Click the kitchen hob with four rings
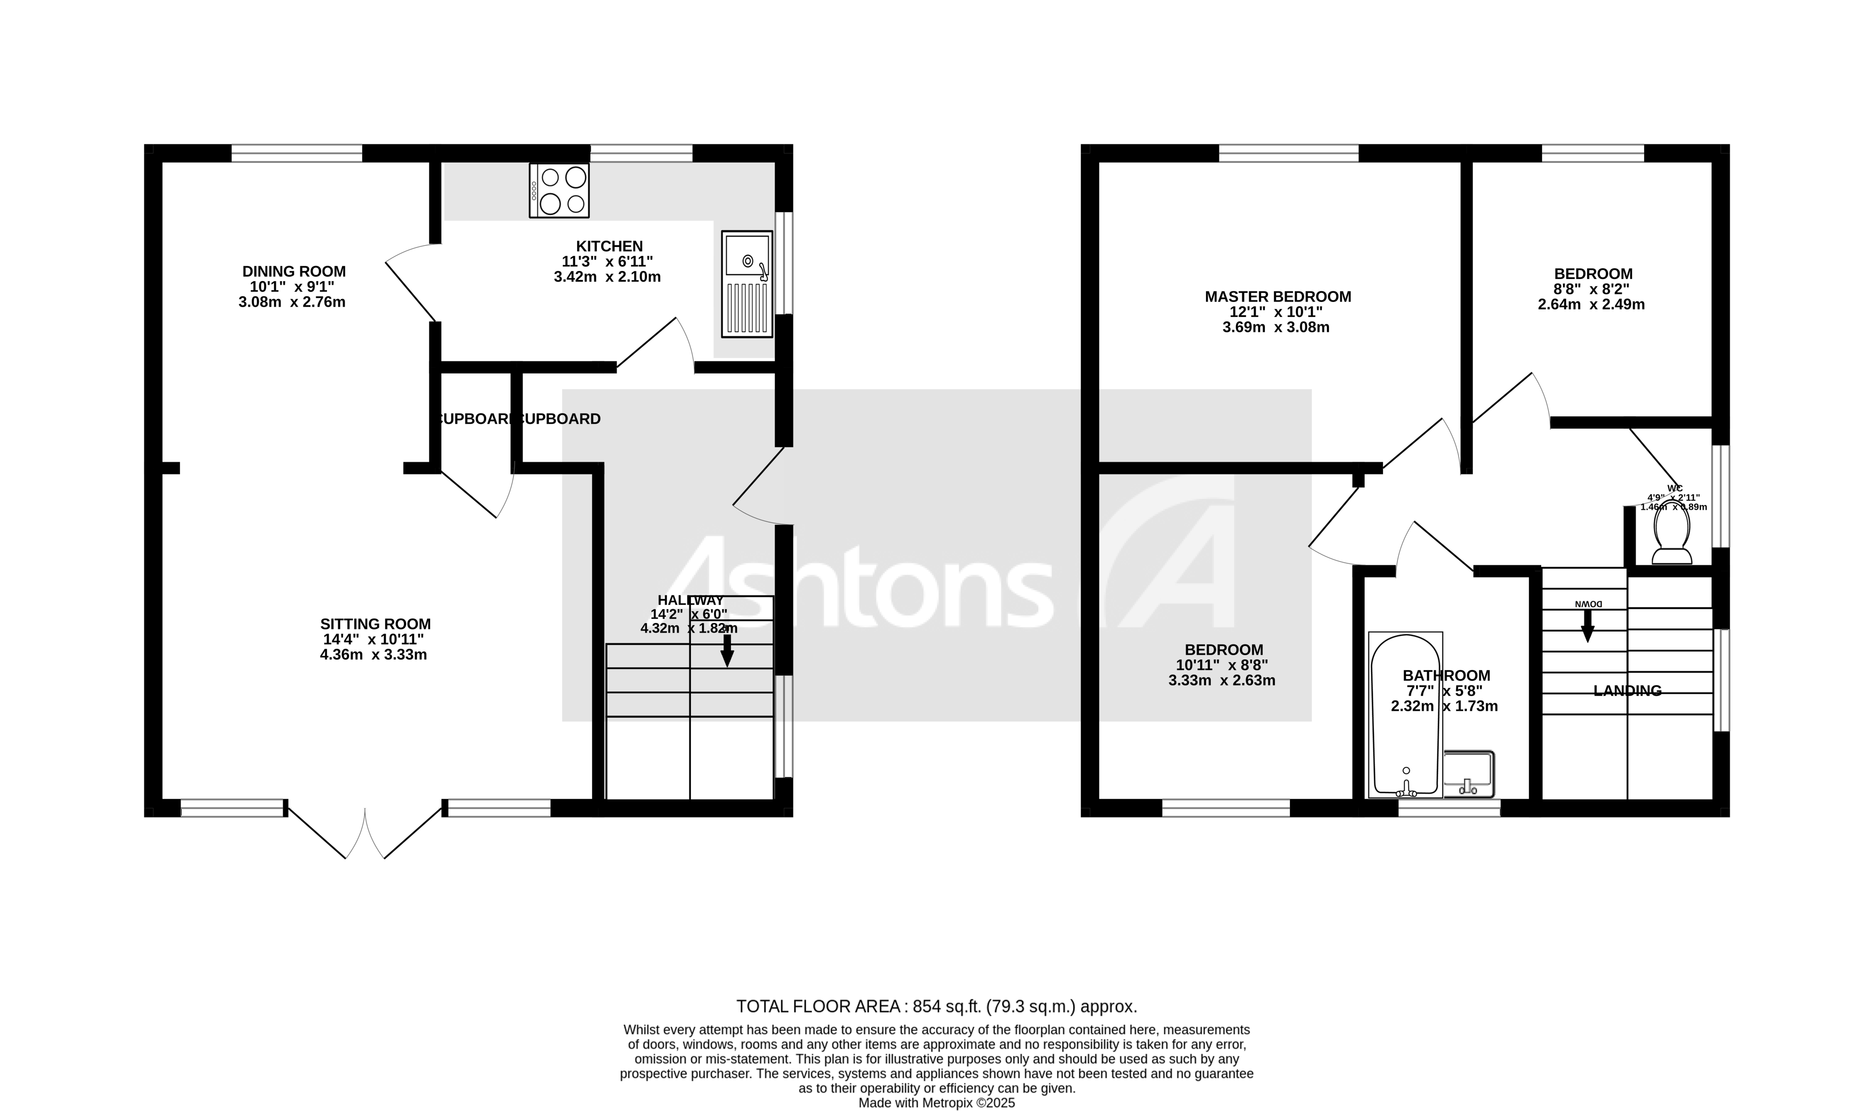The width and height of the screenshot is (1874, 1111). [x=559, y=190]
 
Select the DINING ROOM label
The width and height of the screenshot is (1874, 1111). [x=293, y=271]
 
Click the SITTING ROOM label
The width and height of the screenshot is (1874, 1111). [x=375, y=624]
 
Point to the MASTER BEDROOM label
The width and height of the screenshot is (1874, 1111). [x=1278, y=297]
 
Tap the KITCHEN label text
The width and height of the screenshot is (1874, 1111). [x=609, y=246]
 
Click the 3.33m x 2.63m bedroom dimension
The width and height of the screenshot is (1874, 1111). [x=1222, y=680]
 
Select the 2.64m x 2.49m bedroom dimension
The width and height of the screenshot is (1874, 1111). [x=1591, y=305]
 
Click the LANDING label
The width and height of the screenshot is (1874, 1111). [x=1627, y=691]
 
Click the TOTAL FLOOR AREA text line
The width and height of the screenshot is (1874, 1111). [x=936, y=1006]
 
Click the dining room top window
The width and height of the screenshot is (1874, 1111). [x=297, y=153]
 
